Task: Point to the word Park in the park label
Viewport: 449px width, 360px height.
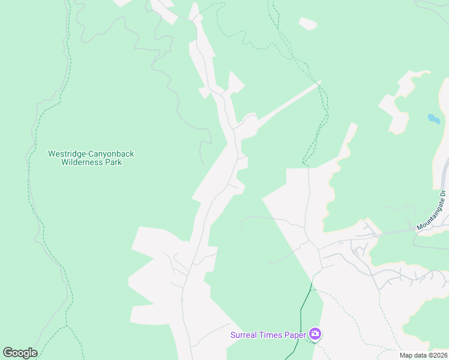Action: point(114,162)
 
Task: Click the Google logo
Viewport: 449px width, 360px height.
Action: point(20,352)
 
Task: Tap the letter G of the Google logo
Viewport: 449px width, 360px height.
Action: point(8,352)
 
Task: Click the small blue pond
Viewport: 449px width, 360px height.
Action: point(433,118)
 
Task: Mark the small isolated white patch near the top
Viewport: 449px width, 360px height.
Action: point(308,24)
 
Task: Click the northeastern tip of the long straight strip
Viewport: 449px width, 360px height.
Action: point(318,83)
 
